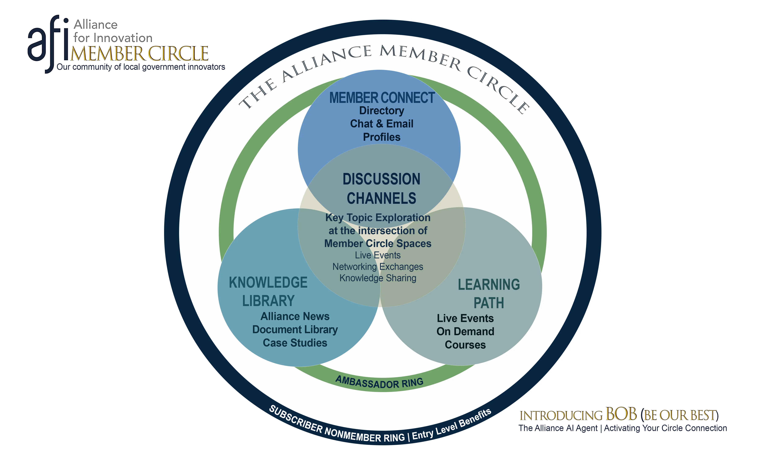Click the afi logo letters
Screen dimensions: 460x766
[48, 43]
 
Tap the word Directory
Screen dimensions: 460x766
[381, 111]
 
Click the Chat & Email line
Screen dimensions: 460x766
[381, 124]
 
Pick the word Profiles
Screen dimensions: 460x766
[381, 137]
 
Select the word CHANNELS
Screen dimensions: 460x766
[381, 198]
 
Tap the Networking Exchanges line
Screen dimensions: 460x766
[378, 267]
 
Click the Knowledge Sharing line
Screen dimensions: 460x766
[378, 278]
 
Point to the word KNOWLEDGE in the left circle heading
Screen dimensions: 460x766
[268, 283]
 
